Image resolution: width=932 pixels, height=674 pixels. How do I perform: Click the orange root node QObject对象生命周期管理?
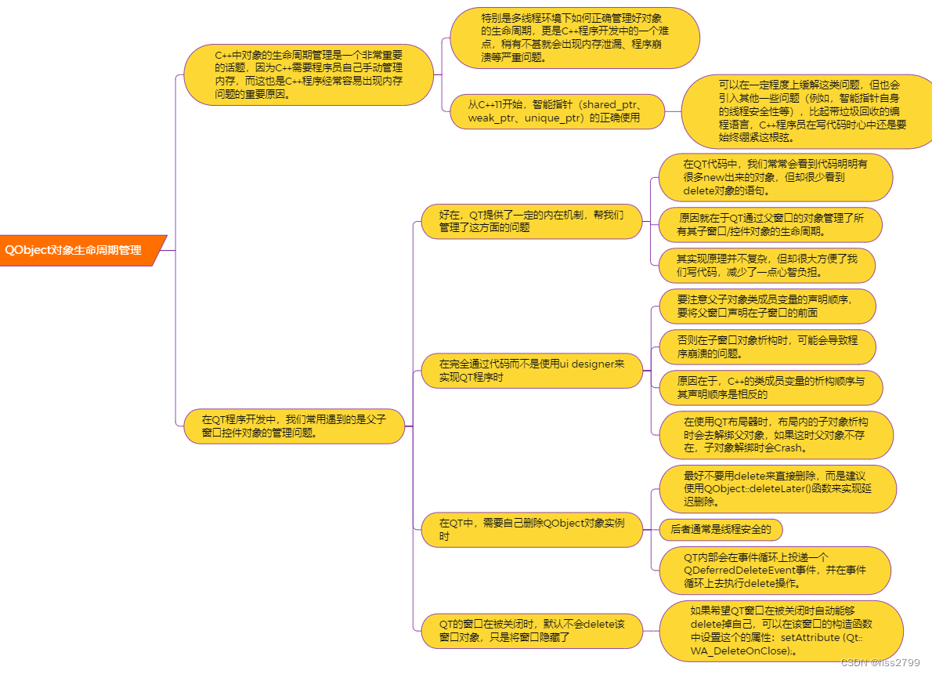pos(78,250)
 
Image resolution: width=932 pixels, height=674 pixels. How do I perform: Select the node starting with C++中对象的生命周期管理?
pos(309,74)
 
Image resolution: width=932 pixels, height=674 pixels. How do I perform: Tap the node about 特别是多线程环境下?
pos(574,38)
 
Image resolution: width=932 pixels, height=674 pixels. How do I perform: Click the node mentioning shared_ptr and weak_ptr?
pos(557,111)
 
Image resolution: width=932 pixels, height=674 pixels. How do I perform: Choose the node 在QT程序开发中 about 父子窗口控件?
pos(294,426)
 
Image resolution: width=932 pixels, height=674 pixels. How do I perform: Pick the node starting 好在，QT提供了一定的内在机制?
pos(531,221)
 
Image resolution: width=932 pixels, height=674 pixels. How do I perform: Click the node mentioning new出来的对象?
pos(775,177)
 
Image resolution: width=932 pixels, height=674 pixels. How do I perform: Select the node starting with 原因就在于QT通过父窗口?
pos(770,224)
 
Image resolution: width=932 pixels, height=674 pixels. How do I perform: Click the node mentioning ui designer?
pos(531,370)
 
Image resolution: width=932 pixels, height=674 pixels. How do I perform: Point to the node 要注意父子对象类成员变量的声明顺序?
pos(765,306)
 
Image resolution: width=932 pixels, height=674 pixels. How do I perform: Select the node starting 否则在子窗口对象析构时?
pos(765,347)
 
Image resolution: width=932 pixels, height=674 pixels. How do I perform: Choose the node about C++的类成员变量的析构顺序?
pos(769,388)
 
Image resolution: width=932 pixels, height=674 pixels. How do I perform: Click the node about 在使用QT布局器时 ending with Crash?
pos(775,435)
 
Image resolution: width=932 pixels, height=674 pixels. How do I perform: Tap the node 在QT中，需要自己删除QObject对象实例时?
pos(531,529)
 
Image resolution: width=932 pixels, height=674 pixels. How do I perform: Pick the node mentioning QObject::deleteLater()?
pos(777,488)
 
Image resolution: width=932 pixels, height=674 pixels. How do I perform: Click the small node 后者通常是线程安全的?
pos(721,530)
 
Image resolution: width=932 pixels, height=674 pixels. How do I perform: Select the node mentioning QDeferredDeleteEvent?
pos(774,570)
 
